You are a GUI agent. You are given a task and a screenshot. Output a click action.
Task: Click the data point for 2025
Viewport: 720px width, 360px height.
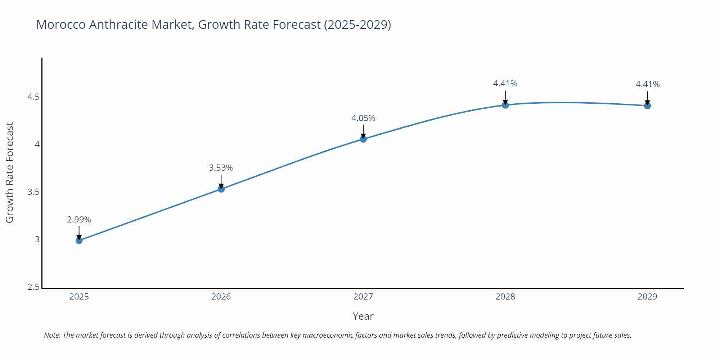[79, 240]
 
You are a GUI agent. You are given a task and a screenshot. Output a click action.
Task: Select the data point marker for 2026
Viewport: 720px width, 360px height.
[221, 189]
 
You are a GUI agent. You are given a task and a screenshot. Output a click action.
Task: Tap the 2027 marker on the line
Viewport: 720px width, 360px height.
[363, 139]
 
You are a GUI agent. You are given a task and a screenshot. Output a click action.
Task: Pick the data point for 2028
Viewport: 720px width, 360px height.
[505, 105]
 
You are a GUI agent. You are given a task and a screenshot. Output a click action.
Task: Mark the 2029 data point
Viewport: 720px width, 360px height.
[647, 105]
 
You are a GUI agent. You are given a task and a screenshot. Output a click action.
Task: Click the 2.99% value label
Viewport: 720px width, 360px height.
[79, 220]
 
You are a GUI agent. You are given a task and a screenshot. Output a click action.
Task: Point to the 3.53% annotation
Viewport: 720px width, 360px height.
[221, 168]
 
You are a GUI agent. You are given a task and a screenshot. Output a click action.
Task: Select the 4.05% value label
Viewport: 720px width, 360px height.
[363, 118]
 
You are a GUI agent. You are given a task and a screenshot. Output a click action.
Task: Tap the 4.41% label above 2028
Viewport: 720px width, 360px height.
[505, 84]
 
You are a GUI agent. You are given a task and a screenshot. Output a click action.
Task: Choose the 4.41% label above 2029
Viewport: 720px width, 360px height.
[647, 84]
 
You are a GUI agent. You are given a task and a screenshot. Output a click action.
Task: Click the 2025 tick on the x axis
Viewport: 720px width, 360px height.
[79, 297]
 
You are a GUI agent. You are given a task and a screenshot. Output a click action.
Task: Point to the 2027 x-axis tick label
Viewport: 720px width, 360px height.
[363, 297]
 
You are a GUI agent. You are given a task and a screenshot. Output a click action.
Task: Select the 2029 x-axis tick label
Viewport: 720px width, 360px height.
[647, 297]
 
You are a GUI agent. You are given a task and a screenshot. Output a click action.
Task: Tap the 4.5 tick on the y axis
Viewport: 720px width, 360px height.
[33, 97]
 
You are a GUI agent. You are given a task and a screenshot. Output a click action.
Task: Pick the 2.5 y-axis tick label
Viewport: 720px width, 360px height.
[33, 287]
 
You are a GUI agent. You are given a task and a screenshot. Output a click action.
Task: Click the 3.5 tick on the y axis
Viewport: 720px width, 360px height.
[33, 192]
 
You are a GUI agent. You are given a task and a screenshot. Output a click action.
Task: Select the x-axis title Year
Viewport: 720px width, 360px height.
[363, 316]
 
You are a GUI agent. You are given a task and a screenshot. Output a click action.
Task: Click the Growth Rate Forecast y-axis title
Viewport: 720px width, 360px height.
[10, 173]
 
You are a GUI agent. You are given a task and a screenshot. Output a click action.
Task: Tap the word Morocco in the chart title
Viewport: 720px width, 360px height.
[60, 24]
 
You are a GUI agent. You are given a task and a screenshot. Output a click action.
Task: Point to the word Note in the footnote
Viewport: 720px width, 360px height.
[52, 335]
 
